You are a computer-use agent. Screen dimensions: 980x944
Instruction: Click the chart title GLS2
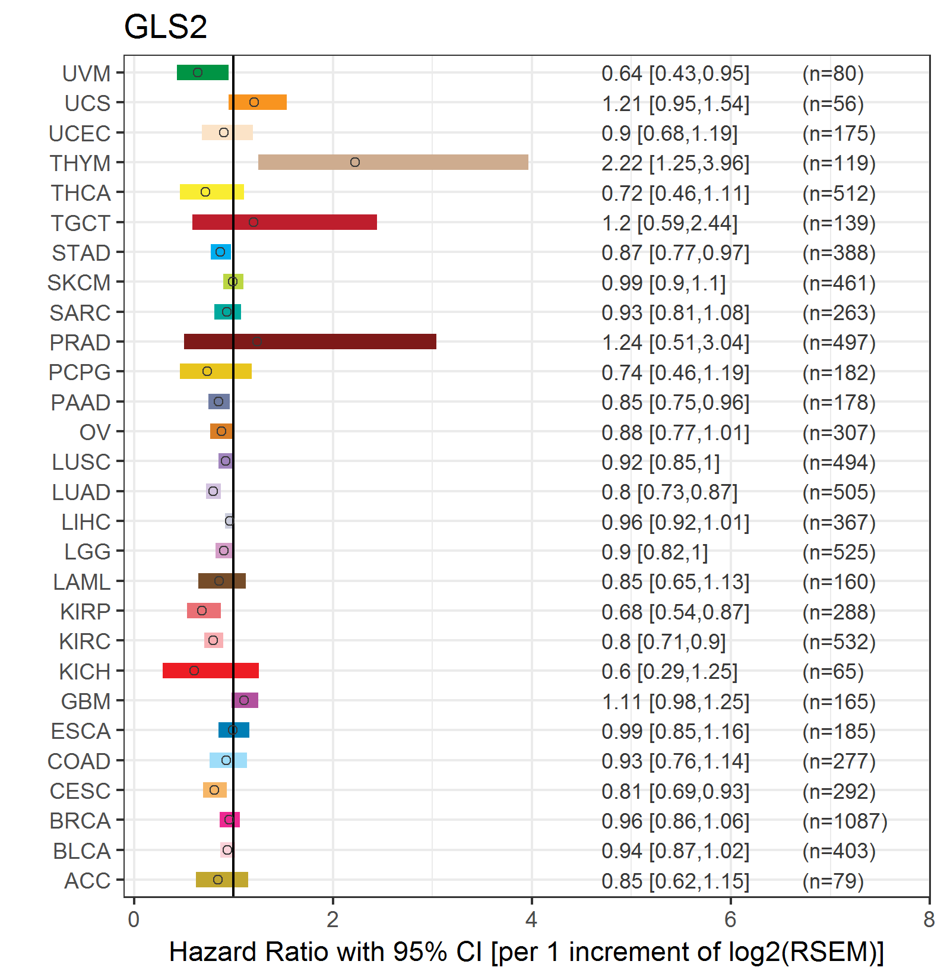165,27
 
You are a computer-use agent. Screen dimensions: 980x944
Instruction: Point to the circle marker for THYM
355,162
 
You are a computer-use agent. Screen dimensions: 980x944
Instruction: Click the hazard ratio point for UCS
254,102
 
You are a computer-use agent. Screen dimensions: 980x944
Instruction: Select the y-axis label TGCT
81,223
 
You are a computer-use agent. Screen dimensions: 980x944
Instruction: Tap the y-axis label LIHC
86,522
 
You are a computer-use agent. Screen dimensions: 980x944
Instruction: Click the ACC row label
87,881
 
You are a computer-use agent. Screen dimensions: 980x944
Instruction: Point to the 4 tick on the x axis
531,919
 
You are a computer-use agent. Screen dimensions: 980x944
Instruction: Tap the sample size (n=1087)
844,821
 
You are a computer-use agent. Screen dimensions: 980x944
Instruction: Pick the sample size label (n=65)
832,672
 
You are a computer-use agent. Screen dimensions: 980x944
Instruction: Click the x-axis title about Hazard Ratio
526,952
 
